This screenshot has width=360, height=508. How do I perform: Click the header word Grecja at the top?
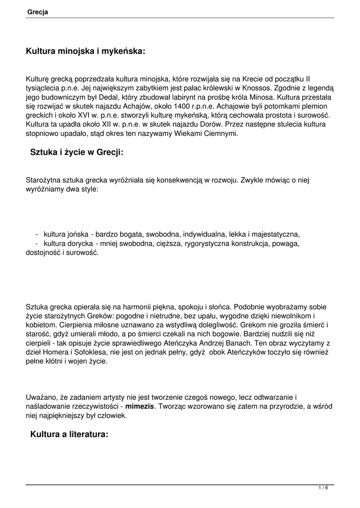point(38,12)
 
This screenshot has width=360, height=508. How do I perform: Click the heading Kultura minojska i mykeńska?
point(85,51)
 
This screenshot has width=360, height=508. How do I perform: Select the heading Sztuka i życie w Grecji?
point(76,152)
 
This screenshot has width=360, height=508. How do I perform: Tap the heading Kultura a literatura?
point(69,435)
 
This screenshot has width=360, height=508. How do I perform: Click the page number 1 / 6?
point(323,488)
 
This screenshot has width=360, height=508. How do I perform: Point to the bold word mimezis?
point(140,407)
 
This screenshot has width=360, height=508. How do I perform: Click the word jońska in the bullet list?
point(78,234)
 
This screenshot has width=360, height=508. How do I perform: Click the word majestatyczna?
point(274,234)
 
